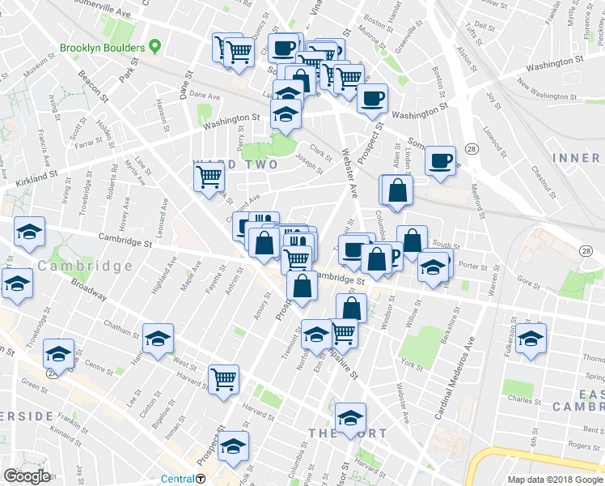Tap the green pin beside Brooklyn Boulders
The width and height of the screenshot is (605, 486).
click(152, 48)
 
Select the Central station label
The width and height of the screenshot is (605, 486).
click(177, 479)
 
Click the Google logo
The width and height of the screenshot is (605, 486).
click(27, 476)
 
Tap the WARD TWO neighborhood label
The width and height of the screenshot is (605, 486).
click(235, 165)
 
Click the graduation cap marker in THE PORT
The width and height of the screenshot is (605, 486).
click(349, 419)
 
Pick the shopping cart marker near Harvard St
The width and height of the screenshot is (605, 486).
click(223, 378)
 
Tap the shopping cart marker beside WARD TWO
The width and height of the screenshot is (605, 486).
click(209, 176)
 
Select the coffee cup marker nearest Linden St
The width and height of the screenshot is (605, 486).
click(441, 160)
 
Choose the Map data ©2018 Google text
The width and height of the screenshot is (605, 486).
click(555, 480)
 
